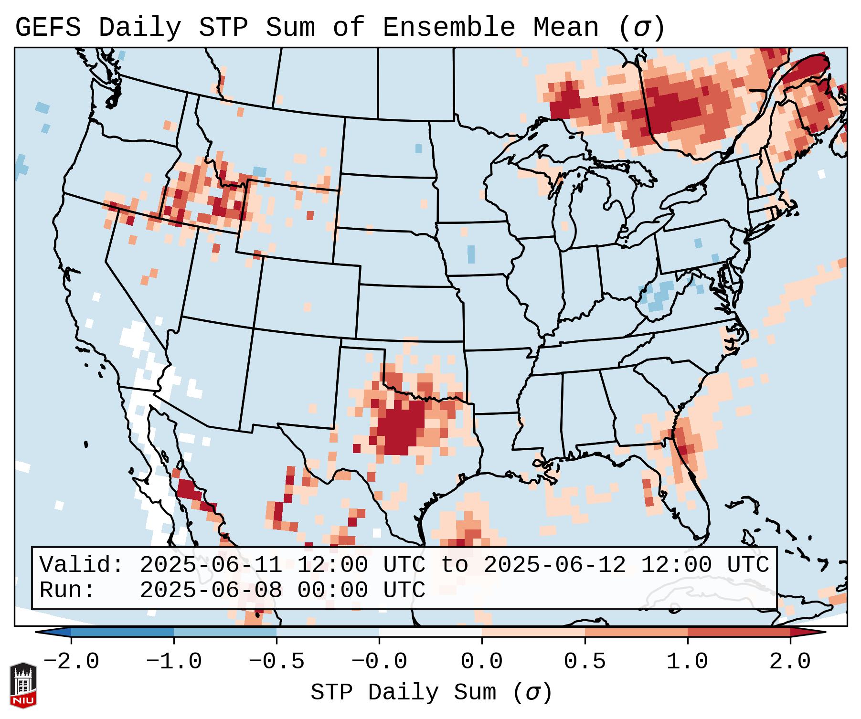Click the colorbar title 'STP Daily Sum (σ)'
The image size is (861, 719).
point(431,693)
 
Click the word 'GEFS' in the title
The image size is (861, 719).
point(48,28)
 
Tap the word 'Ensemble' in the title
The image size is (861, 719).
point(449,28)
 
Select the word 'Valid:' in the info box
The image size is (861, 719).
point(82,565)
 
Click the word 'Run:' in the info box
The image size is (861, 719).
point(67,590)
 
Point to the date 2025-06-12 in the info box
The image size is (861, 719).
point(554,565)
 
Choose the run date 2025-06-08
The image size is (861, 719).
point(211,590)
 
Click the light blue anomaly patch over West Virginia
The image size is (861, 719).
point(661,296)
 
